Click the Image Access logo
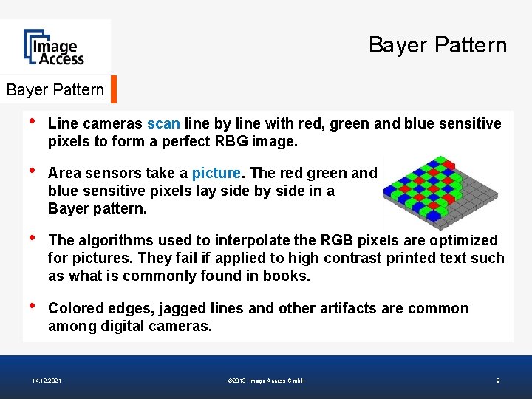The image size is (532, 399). click(55, 47)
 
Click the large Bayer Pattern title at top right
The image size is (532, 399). click(437, 46)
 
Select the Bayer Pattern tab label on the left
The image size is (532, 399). click(55, 90)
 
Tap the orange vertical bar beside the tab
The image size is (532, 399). click(114, 89)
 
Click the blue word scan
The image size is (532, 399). click(163, 123)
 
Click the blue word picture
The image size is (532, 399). click(216, 173)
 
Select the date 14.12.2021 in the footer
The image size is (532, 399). click(47, 381)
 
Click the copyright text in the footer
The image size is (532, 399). click(267, 381)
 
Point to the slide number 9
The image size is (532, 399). click(497, 381)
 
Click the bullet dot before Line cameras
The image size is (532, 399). click(31, 122)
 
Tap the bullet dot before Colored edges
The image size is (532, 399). click(31, 307)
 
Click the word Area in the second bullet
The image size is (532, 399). click(64, 173)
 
